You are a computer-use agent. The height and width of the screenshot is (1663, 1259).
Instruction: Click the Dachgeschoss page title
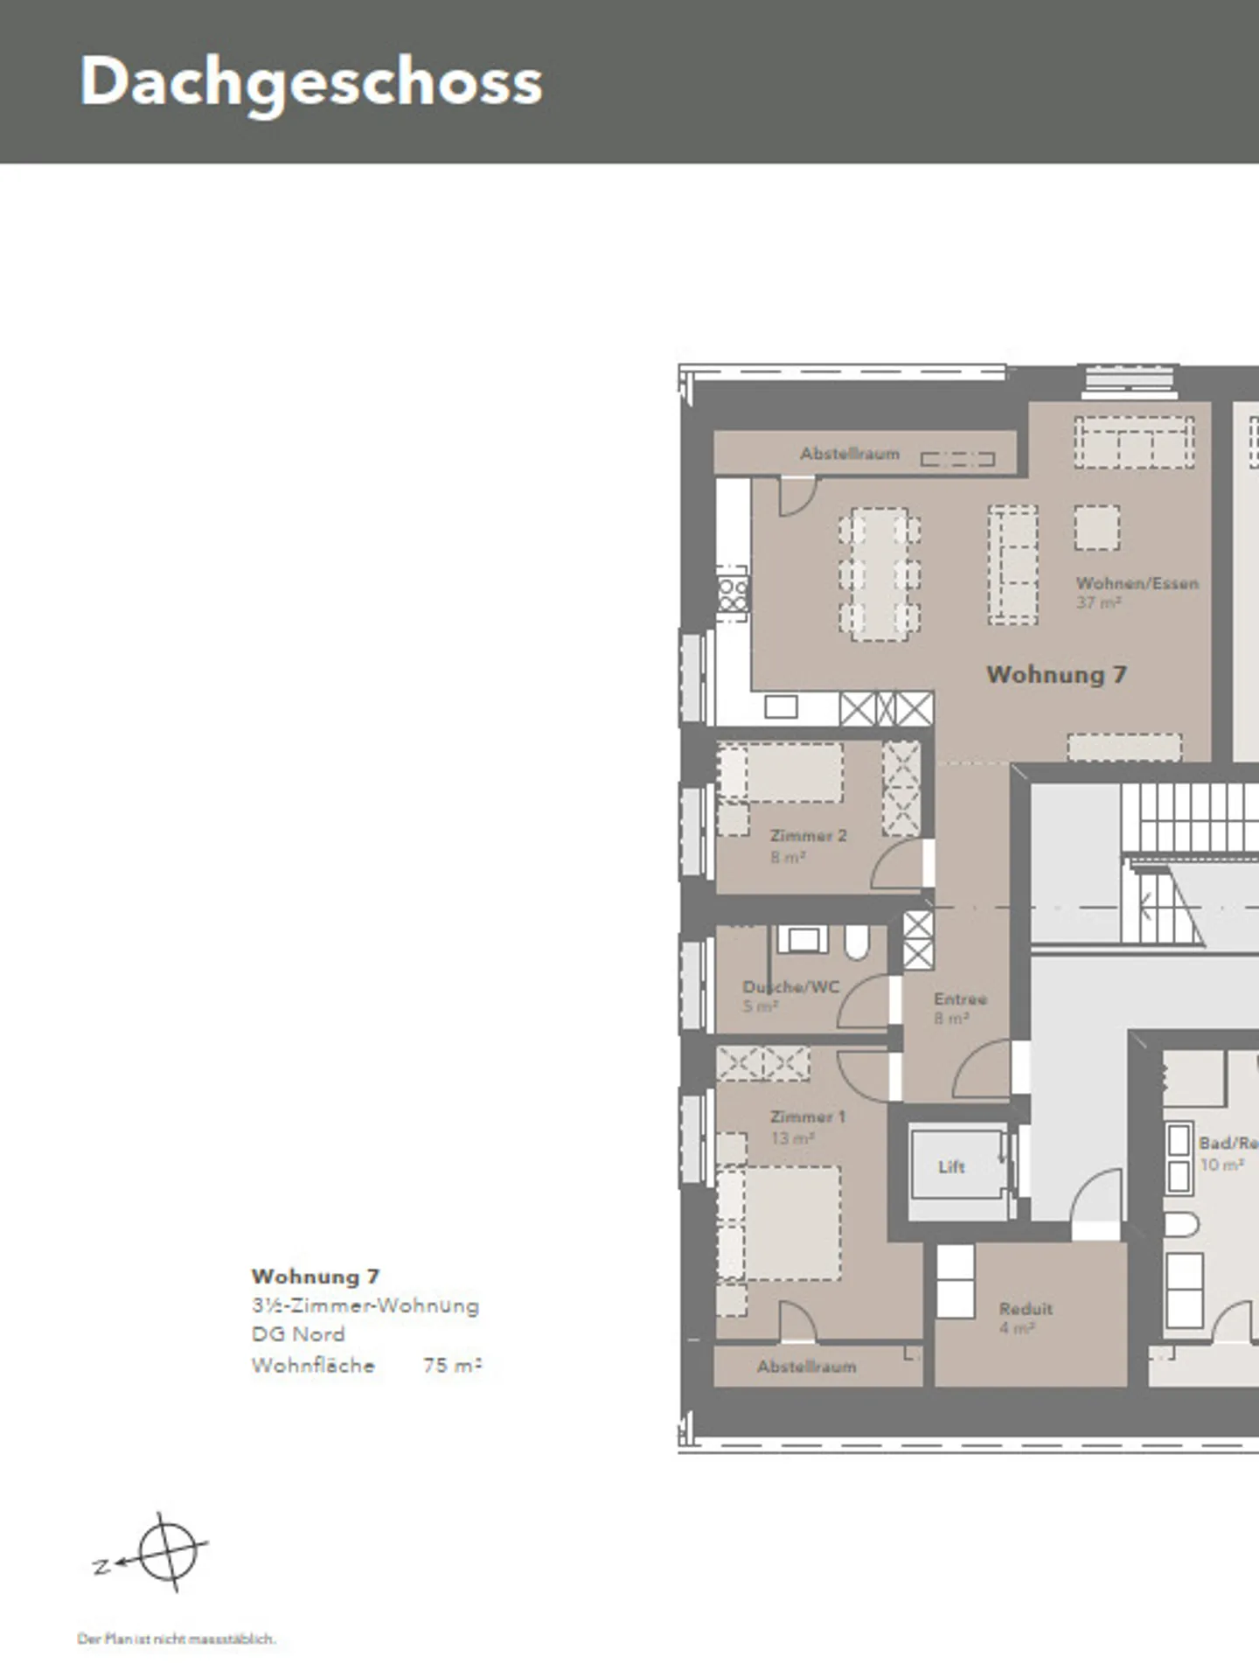point(311,82)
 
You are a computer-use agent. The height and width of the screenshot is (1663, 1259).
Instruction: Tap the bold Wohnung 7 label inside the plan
point(1056,675)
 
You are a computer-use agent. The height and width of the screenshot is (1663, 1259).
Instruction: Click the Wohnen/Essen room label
point(1137,583)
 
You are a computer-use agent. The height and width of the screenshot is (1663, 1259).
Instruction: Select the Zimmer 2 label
point(808,836)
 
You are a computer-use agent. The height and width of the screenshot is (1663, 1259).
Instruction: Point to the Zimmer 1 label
point(807,1117)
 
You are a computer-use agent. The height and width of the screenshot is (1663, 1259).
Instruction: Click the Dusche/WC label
point(790,987)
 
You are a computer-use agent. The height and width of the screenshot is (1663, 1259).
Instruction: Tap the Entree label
point(960,998)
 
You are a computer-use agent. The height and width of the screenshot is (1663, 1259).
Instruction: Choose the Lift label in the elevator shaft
point(951,1167)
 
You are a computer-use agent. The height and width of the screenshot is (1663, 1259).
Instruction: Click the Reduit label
point(1026,1309)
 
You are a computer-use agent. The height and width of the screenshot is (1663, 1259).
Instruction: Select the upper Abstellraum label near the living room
point(849,454)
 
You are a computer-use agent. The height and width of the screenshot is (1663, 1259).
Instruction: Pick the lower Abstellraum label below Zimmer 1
point(806,1367)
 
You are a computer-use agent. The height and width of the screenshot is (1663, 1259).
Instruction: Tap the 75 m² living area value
point(452,1365)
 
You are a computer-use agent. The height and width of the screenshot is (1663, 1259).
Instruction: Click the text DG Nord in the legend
point(298,1334)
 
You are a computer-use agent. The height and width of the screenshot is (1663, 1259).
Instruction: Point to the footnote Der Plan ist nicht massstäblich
point(176,1639)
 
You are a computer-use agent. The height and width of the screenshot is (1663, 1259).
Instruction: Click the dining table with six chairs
point(879,574)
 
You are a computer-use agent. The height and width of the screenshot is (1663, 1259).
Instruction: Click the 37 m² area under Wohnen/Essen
point(1098,603)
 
